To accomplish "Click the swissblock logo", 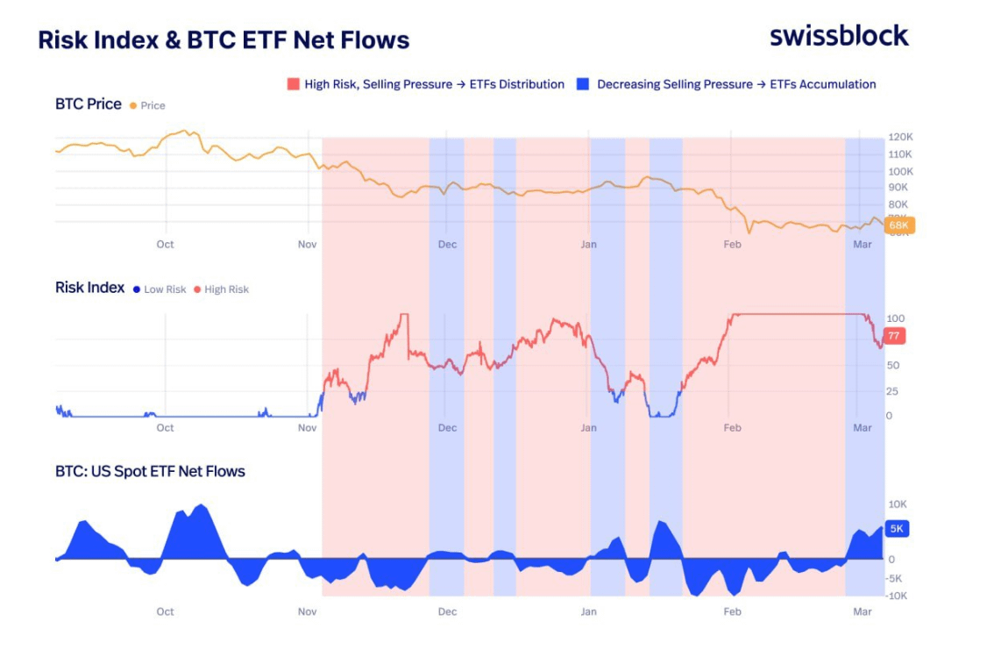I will point(839,36).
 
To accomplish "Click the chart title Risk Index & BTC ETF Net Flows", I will point(224,39).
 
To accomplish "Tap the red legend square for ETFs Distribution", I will point(293,84).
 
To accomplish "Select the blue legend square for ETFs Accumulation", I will point(582,84).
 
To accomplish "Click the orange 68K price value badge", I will point(899,225).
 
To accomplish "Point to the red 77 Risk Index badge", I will point(894,336).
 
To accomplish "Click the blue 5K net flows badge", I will point(897,529).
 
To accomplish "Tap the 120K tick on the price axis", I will point(901,139).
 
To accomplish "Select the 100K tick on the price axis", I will point(901,171).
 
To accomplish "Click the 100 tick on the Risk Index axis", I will point(895,318).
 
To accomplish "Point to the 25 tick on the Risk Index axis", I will point(891,391).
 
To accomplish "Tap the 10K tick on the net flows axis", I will point(898,504).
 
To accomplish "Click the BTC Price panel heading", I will point(88,104).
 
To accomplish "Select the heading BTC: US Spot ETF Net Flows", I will point(150,471).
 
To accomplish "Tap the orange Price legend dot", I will point(133,105).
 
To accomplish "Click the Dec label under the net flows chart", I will point(447,611).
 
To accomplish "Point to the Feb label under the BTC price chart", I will point(732,245).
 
